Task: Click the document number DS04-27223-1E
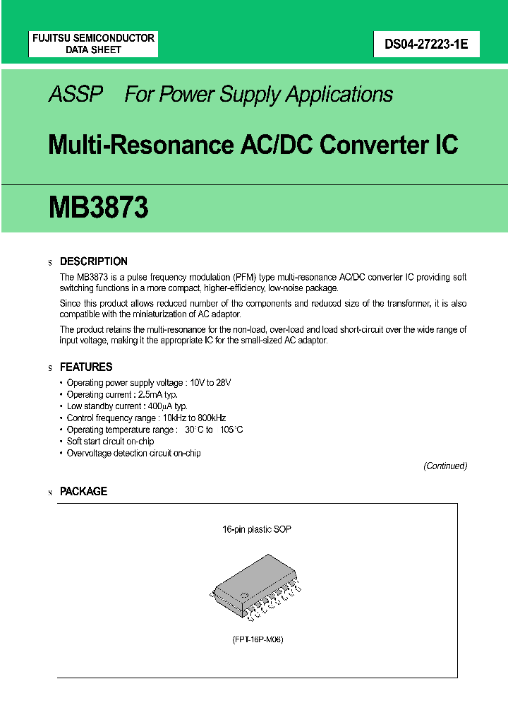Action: [x=421, y=45]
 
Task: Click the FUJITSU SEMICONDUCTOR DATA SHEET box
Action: [x=93, y=44]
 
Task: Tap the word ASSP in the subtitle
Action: [x=76, y=95]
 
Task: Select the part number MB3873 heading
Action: [x=99, y=208]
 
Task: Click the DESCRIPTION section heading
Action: [x=94, y=261]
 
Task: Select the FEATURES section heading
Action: [x=86, y=367]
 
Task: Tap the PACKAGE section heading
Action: [x=83, y=492]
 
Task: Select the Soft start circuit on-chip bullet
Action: [x=110, y=442]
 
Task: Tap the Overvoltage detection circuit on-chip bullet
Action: [x=133, y=453]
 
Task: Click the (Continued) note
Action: [x=445, y=466]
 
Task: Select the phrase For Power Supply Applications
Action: [x=258, y=95]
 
